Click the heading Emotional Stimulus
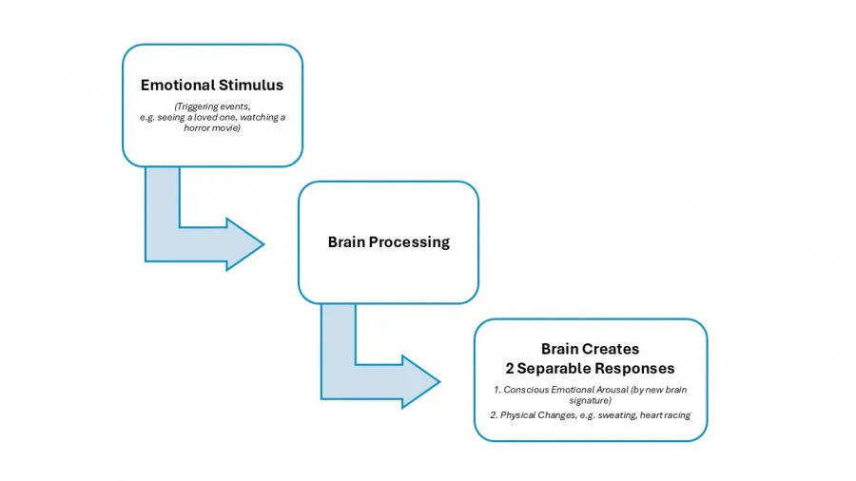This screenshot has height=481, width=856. coord(212,85)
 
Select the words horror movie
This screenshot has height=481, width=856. coord(212,127)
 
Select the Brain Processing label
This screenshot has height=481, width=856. coord(388,241)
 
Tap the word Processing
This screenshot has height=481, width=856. coord(411,241)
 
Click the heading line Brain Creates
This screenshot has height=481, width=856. coord(590,349)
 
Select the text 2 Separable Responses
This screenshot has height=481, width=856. coord(590,368)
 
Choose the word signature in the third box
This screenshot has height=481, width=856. coord(590,401)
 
